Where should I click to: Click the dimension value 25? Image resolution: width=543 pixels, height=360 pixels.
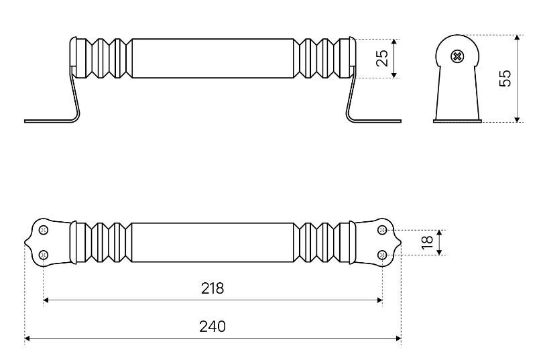382,58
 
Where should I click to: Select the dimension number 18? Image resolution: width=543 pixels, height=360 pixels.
427,242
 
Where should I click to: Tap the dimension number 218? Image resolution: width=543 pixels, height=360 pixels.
213,288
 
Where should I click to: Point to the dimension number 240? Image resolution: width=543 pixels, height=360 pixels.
213,326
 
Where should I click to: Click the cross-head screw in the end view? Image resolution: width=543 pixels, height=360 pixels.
457,56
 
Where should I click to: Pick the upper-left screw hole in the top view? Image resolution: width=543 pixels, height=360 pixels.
44,230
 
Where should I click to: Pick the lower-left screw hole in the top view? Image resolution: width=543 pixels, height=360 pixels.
44,254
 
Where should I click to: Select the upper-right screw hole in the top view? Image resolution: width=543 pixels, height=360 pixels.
382,230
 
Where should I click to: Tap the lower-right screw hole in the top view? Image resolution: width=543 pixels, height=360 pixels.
382,254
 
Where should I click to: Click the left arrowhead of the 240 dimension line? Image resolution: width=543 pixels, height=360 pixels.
27,339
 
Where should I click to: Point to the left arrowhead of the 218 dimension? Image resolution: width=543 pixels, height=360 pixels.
46,301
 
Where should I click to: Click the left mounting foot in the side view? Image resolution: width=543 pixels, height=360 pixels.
47,121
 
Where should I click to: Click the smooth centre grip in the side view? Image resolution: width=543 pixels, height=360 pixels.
213,58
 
